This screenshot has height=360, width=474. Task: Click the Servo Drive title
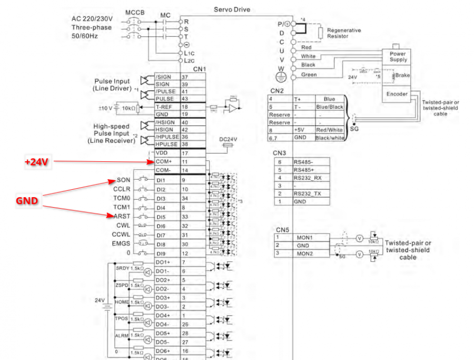pyautogui.click(x=232, y=9)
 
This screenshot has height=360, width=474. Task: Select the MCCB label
pyautogui.click(x=135, y=12)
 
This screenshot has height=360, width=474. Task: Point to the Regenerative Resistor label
pyautogui.click(x=344, y=33)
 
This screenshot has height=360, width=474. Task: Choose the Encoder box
pyautogui.click(x=397, y=94)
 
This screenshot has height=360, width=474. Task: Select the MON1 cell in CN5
pyautogui.click(x=304, y=238)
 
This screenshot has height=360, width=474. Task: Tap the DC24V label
pyautogui.click(x=228, y=139)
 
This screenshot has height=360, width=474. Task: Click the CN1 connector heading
pyautogui.click(x=199, y=69)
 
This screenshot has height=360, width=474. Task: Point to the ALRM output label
pyautogui.click(x=122, y=335)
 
